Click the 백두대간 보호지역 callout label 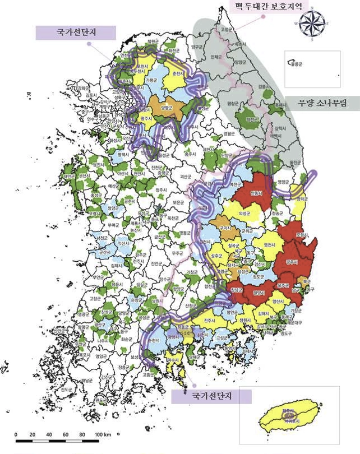click(x=267, y=7)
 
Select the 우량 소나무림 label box click(x=322, y=102)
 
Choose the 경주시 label click(x=292, y=262)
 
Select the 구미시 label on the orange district click(x=226, y=229)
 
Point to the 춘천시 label click(x=178, y=74)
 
